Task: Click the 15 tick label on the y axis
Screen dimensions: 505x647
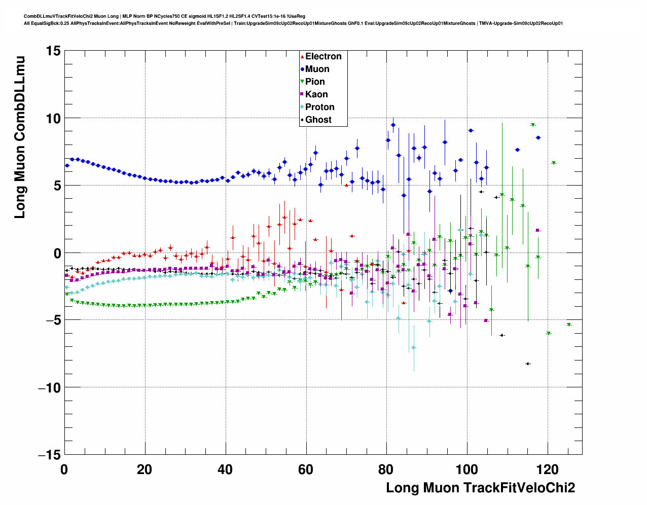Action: (x=52, y=51)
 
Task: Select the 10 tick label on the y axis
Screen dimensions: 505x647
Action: (x=52, y=118)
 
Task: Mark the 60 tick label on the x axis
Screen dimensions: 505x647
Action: (x=306, y=470)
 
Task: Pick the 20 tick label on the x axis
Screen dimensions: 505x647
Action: (x=145, y=470)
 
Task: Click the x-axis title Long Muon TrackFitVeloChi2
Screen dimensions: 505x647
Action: (x=480, y=488)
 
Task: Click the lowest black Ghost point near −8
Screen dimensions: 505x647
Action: (x=528, y=364)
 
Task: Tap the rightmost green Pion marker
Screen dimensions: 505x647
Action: (x=569, y=324)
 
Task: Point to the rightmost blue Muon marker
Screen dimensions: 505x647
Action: (x=538, y=137)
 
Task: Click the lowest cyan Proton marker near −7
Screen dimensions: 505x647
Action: (x=414, y=347)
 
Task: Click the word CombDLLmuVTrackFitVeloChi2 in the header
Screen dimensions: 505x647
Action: (x=58, y=16)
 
